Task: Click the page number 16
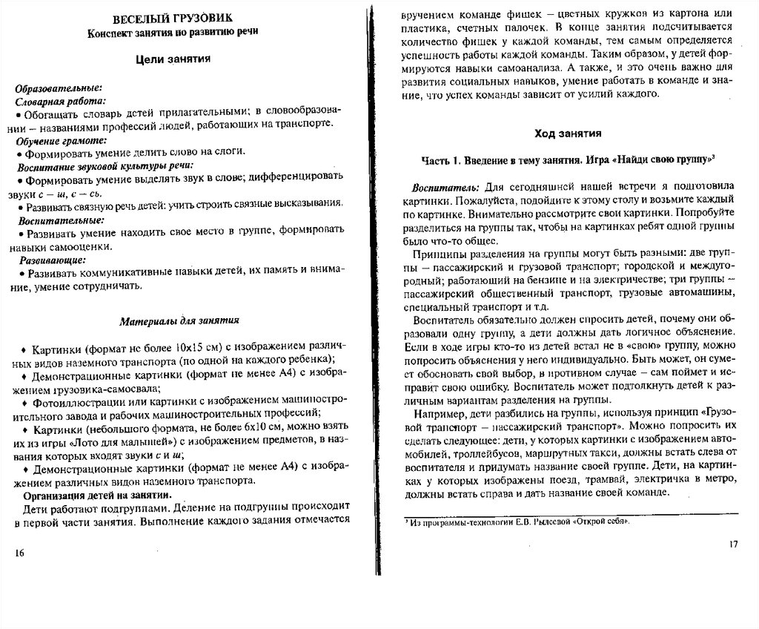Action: pyautogui.click(x=20, y=553)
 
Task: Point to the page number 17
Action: pyautogui.click(x=734, y=545)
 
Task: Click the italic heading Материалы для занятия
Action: pyautogui.click(x=179, y=321)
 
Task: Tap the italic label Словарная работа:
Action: pyautogui.click(x=60, y=101)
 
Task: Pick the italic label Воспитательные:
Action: pyautogui.click(x=61, y=220)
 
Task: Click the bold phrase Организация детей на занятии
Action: pyautogui.click(x=97, y=495)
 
